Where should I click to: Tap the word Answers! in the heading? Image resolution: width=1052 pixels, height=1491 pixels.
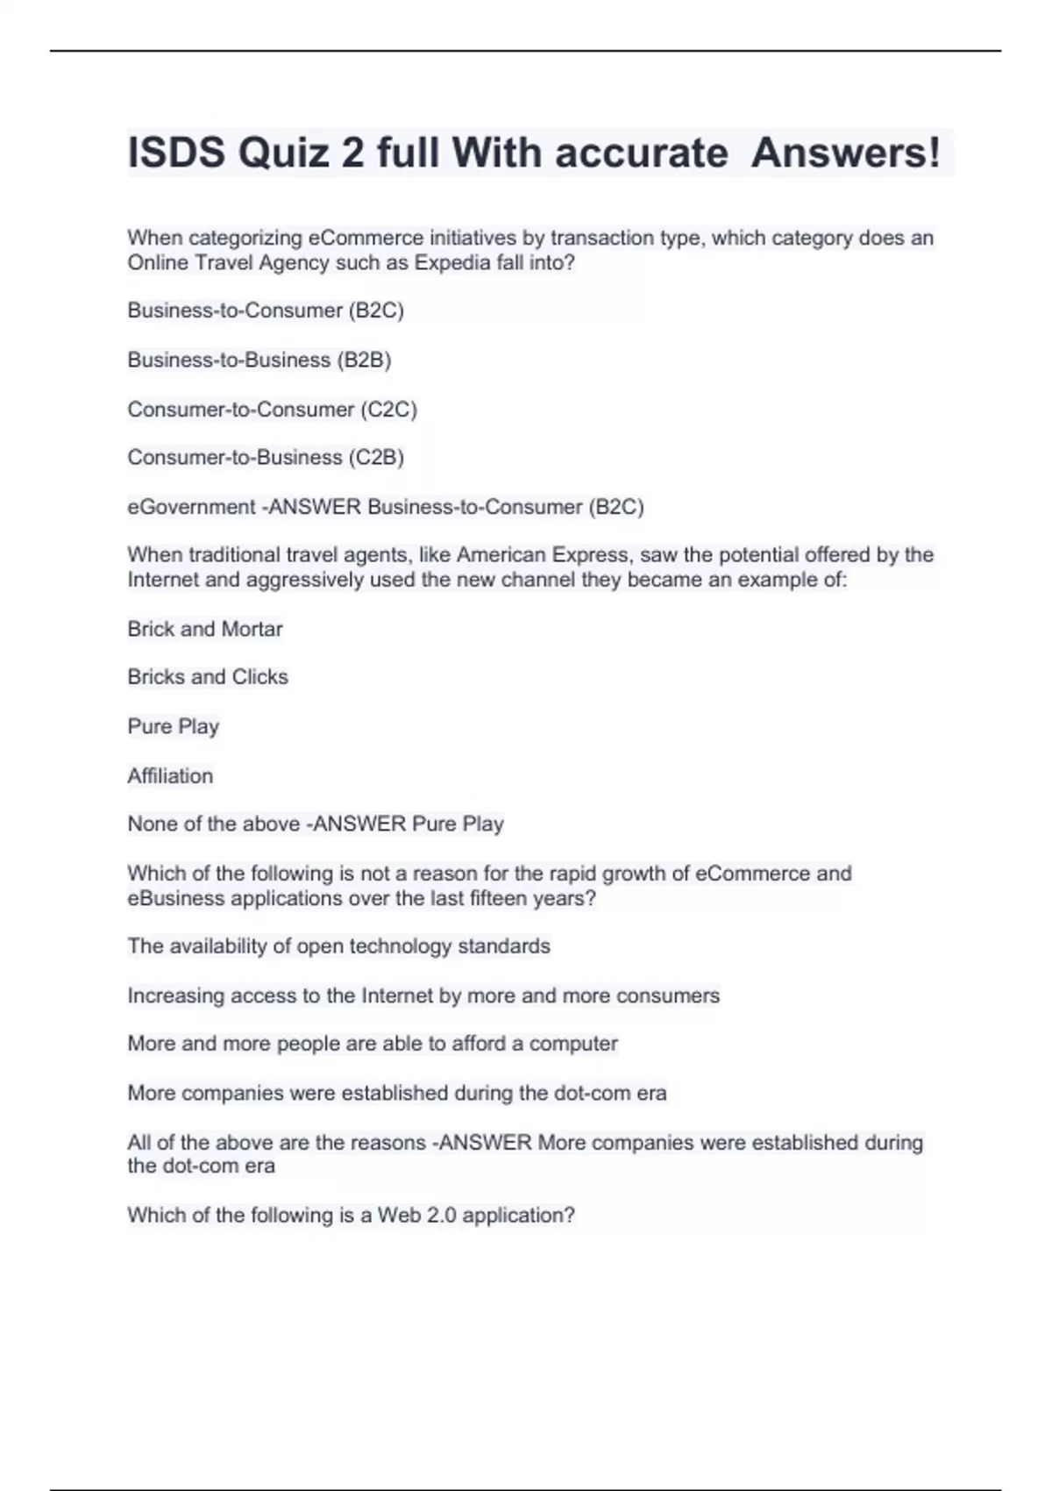(x=846, y=153)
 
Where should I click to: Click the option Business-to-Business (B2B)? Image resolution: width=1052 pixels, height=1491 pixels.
(x=259, y=360)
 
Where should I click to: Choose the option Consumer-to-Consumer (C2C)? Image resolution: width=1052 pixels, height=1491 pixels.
(x=272, y=410)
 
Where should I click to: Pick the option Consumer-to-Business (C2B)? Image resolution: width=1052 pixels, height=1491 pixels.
(x=266, y=458)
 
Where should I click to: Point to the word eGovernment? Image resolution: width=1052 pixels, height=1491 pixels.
(x=191, y=507)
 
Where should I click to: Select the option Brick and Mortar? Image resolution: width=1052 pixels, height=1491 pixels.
(x=205, y=629)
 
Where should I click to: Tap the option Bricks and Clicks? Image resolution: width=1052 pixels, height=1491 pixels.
(x=208, y=677)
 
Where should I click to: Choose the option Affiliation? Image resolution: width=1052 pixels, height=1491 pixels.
(x=170, y=776)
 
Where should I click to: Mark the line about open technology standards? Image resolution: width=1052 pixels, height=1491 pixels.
(x=338, y=946)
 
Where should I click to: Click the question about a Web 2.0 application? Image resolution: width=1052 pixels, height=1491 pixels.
(x=351, y=1216)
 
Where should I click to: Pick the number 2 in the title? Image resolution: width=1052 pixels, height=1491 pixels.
(x=352, y=153)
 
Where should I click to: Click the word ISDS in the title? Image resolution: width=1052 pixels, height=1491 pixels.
(x=176, y=153)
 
